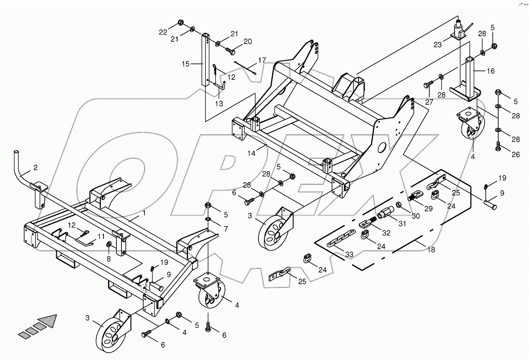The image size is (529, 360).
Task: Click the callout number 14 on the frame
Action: (x=251, y=153)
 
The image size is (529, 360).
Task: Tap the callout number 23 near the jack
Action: (x=438, y=45)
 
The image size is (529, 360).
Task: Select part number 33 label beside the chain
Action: (x=349, y=255)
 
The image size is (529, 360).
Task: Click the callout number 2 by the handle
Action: (x=35, y=168)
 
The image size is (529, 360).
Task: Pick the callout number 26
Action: (x=515, y=155)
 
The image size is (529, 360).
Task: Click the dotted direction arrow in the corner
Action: (x=38, y=326)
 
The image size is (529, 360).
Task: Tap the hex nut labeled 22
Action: (x=181, y=22)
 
